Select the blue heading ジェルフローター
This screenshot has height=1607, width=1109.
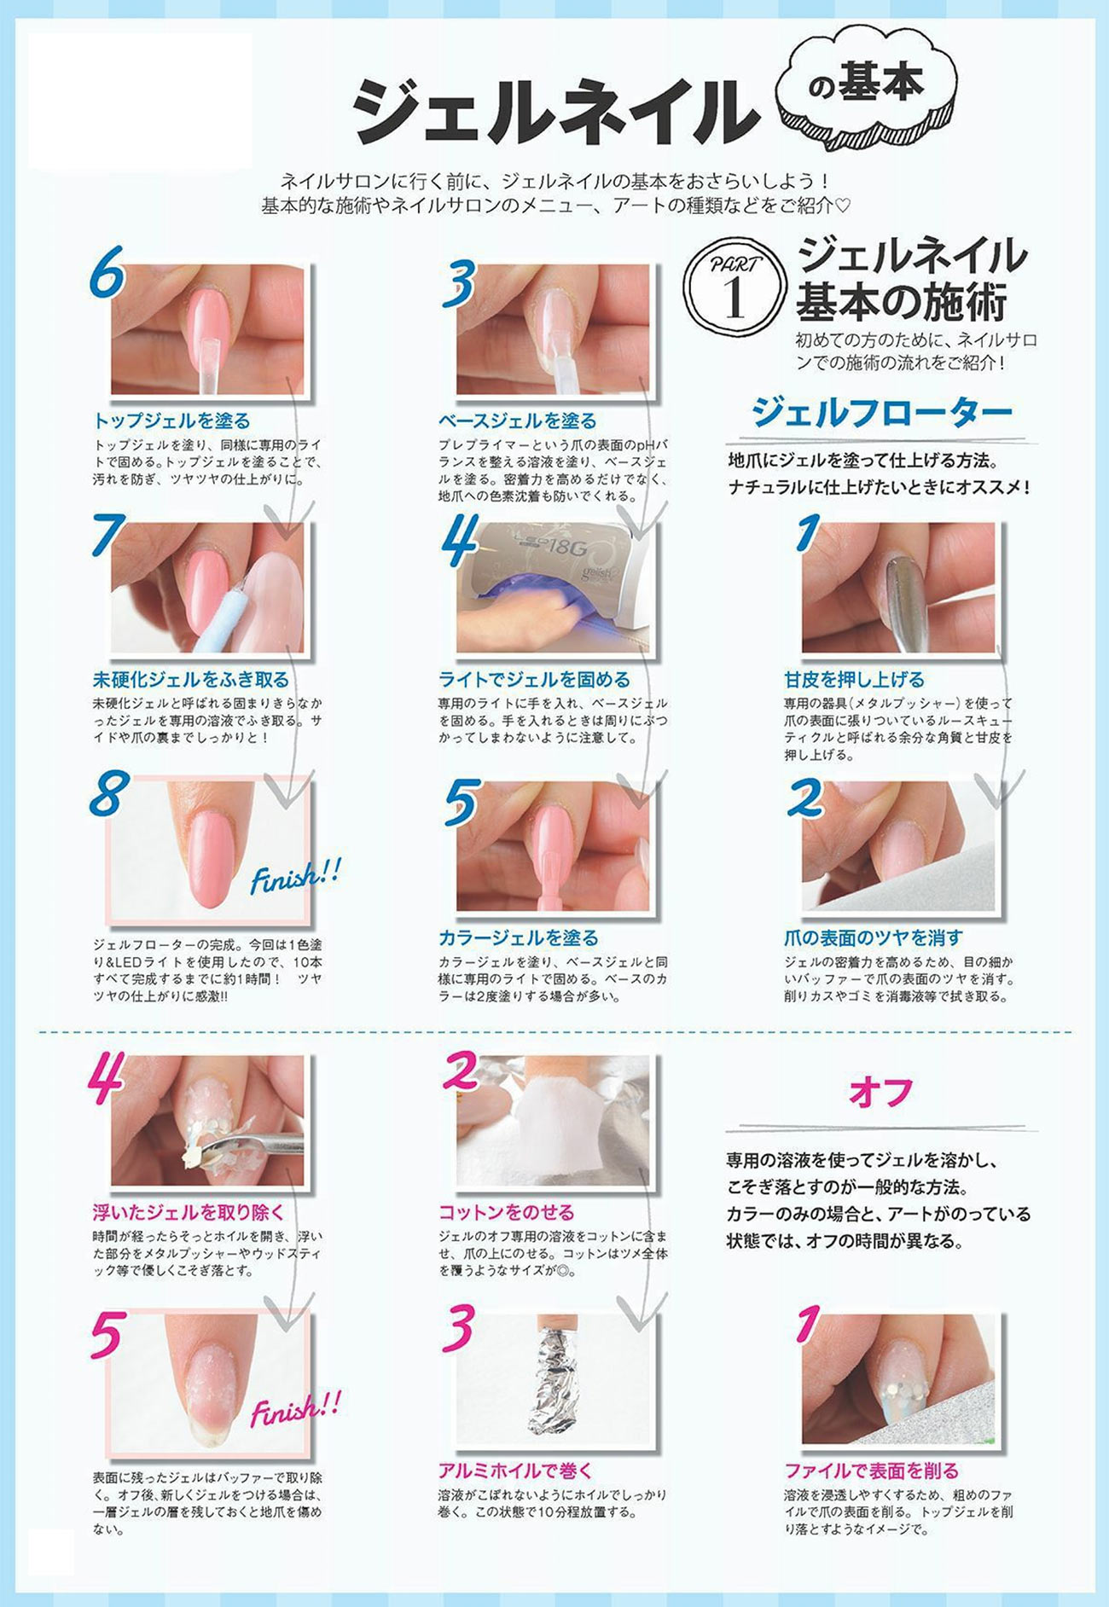coord(881,414)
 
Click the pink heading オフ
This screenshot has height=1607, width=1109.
coord(881,1094)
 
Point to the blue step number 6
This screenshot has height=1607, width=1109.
coord(107,272)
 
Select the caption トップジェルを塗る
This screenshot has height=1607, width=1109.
coord(171,421)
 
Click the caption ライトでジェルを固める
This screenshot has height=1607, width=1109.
coord(534,680)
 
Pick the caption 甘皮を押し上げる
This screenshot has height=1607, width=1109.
coord(854,680)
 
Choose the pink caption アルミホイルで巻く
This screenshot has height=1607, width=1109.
coord(515,1471)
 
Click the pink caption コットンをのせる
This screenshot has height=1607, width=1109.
coord(507,1212)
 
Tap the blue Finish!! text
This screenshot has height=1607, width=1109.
coord(295,876)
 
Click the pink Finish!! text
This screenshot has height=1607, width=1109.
coord(295,1409)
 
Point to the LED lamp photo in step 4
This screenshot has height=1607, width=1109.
coord(552,587)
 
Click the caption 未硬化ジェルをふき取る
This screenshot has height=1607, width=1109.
coord(191,680)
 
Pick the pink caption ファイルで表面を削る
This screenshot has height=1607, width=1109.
coord(872,1471)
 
